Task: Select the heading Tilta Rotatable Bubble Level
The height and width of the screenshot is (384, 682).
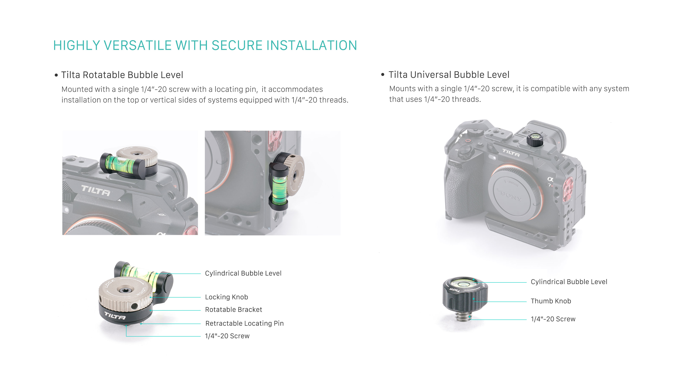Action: (x=122, y=75)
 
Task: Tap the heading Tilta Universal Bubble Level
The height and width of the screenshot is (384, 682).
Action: (x=449, y=75)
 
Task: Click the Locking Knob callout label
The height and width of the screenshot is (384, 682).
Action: (x=226, y=297)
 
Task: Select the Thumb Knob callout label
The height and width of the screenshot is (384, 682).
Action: (x=551, y=301)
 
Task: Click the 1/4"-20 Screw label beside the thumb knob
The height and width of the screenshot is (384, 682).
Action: (x=553, y=319)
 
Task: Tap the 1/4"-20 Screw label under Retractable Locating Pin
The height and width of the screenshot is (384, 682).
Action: (x=227, y=336)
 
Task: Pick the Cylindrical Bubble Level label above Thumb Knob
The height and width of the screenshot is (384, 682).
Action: (x=569, y=282)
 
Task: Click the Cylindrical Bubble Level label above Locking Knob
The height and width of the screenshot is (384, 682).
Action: (x=243, y=273)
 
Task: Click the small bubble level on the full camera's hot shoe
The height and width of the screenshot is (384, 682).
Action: (x=535, y=139)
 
